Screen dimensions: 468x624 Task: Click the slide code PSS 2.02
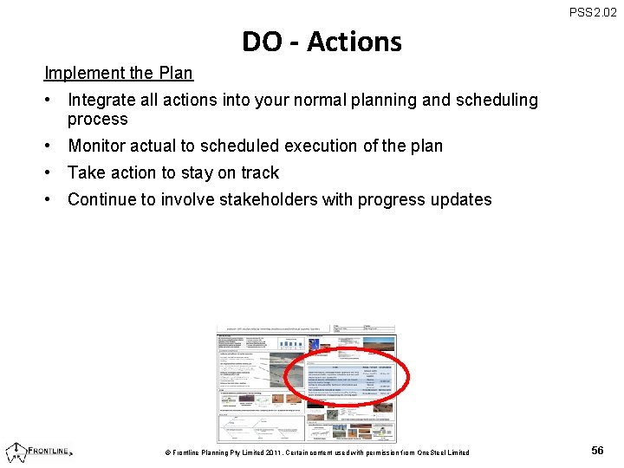(593, 12)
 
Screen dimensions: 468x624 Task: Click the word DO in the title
(261, 42)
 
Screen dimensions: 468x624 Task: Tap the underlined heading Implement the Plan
(119, 73)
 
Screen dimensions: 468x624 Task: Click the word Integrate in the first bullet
(103, 101)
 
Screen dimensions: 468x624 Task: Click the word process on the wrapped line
(97, 120)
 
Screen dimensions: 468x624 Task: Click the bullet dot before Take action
(51, 172)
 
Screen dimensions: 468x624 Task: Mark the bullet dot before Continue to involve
(51, 199)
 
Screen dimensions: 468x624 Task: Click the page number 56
(597, 451)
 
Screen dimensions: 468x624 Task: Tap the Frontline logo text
(50, 451)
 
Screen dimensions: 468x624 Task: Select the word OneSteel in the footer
(436, 452)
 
